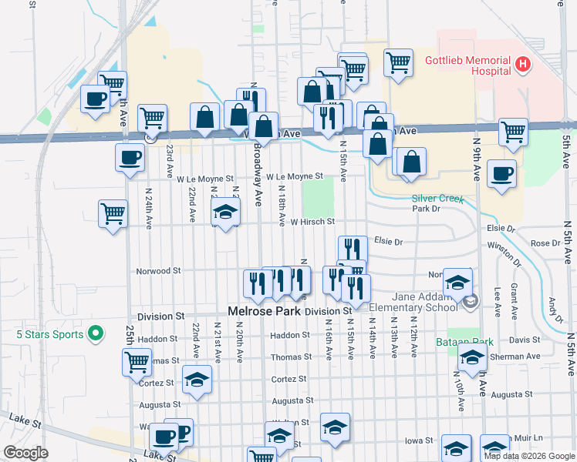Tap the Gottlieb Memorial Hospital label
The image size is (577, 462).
[x=468, y=65]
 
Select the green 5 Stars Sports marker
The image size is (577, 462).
[x=95, y=333]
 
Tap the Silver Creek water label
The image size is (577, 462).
[x=437, y=198]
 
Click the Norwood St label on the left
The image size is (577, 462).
[x=158, y=271]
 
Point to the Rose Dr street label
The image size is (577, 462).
[x=545, y=243]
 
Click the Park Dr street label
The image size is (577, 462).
[x=426, y=209]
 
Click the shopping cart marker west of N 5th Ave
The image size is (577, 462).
[x=513, y=132]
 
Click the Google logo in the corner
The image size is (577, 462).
[x=25, y=453]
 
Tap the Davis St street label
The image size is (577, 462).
[x=525, y=340]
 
